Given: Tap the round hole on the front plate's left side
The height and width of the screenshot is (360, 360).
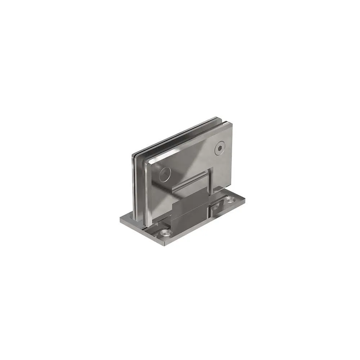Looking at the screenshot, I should tap(164, 174).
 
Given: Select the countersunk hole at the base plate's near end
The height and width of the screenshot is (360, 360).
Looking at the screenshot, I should tap(165, 233).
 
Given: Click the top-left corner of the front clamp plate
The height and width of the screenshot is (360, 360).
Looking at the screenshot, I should tap(147, 161).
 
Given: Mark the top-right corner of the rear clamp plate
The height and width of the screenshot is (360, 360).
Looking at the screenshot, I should tap(217, 117).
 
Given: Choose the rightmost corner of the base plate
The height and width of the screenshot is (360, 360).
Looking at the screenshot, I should tap(245, 199).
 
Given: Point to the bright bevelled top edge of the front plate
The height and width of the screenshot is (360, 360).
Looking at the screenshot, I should tap(187, 142).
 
